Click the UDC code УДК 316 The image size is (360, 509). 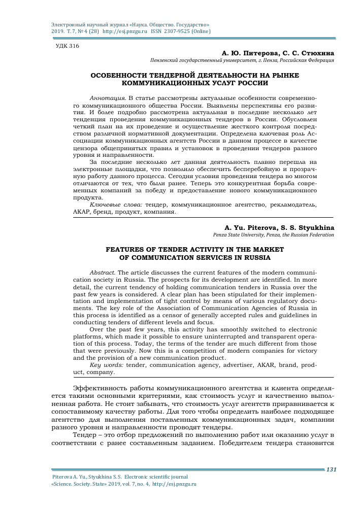click(67, 46)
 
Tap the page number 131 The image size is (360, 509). click(332, 469)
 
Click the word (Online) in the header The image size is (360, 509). click(201, 31)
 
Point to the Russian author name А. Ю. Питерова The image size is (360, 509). click(246, 53)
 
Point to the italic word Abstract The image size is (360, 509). click(103, 273)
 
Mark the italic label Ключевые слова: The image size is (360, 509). click(116, 205)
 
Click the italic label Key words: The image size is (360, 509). click(107, 365)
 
